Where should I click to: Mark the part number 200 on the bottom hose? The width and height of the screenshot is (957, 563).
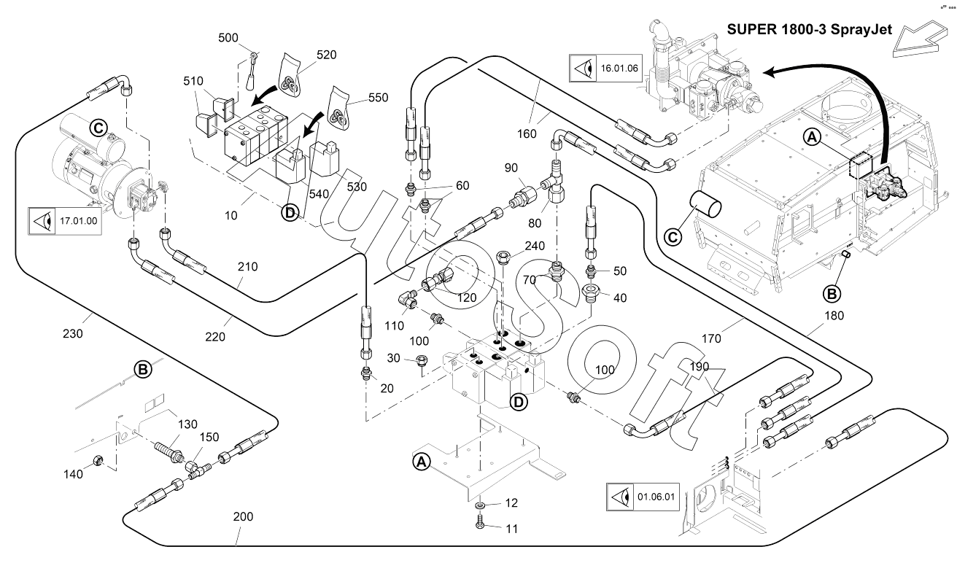243,517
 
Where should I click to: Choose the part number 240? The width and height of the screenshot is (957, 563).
535,246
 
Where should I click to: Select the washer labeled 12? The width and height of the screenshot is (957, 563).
479,505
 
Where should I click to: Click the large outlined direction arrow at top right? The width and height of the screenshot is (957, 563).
921,40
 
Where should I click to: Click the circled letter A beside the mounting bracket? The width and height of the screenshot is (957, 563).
420,461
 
